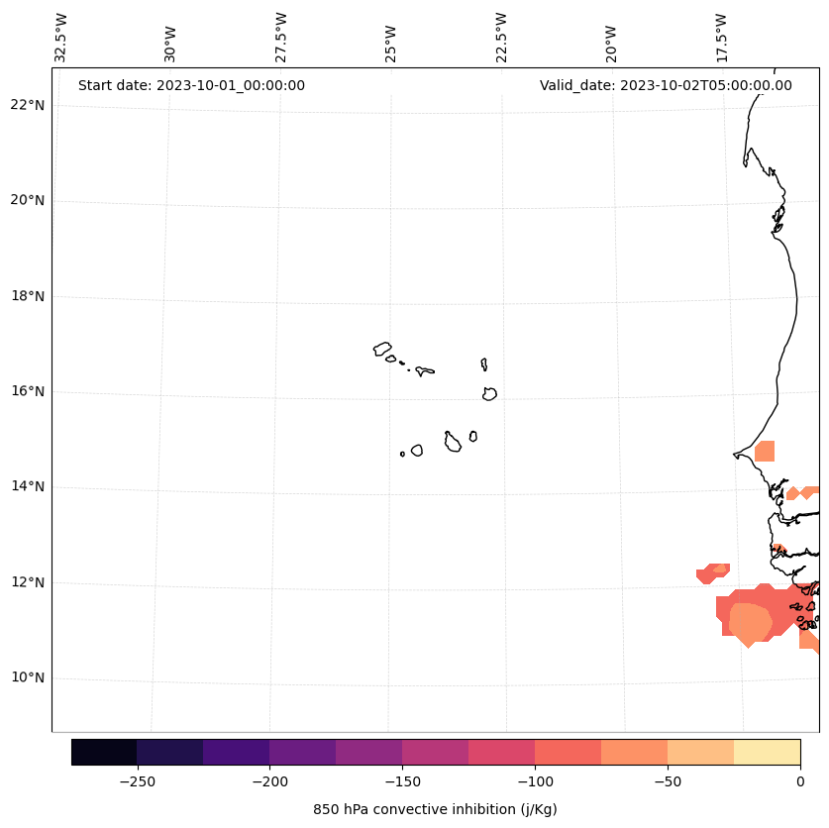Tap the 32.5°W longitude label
coord(61,38)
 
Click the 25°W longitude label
coord(391,38)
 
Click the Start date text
coord(191,85)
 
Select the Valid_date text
coord(666,85)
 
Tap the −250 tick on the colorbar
coord(137,780)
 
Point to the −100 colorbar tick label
coord(535,780)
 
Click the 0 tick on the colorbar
coord(800,780)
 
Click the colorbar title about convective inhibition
coord(435,809)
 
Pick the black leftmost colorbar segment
coord(104,752)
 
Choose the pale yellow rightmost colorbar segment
coord(767,752)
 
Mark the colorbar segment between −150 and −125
coord(435,752)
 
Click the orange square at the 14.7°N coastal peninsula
coord(765,452)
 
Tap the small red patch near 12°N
coord(713,572)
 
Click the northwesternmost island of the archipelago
coord(382,349)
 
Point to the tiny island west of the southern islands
coord(402,454)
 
